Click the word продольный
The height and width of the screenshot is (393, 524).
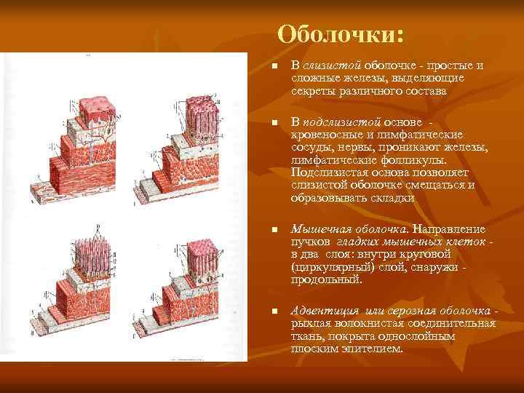(x=327, y=279)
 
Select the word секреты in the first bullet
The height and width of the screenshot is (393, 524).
(x=311, y=92)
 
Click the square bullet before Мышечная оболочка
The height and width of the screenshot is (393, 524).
(x=274, y=229)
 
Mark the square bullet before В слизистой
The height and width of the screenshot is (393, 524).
(x=274, y=67)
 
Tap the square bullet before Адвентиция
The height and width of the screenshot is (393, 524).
(x=274, y=311)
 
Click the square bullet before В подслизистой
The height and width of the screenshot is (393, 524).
(x=274, y=122)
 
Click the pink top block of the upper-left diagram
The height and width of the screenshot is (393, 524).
(x=98, y=108)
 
